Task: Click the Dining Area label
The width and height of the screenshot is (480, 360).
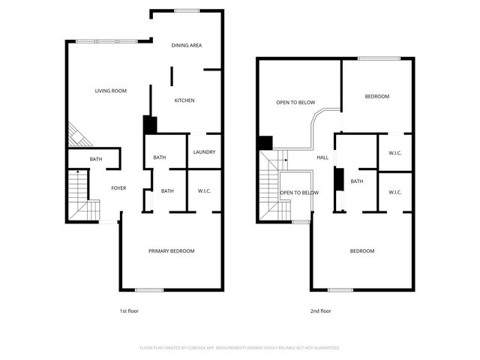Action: [x=186, y=46]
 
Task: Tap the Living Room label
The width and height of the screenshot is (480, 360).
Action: [x=110, y=91]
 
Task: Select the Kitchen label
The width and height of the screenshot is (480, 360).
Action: [x=184, y=100]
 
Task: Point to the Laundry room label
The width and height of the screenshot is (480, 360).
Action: [x=204, y=152]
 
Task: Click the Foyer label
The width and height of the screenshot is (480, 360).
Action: [x=118, y=188]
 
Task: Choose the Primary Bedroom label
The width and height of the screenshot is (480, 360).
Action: [x=171, y=250]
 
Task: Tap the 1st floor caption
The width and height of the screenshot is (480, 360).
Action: [x=129, y=310]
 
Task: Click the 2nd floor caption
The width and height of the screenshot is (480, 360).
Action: [x=320, y=310]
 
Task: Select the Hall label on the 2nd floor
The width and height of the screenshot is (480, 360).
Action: [x=322, y=157]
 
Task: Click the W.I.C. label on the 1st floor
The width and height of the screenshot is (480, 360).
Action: [x=204, y=191]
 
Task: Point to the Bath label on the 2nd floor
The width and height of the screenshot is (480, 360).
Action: [x=357, y=181]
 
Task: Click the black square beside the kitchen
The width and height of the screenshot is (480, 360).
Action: [x=150, y=125]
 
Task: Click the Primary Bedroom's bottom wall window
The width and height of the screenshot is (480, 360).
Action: [x=148, y=290]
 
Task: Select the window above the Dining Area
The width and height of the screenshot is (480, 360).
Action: [x=186, y=10]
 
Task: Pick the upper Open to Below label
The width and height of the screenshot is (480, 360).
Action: [x=295, y=103]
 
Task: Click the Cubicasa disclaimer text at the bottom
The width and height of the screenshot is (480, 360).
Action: [x=240, y=348]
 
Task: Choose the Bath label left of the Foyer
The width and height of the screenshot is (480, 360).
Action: [x=96, y=159]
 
